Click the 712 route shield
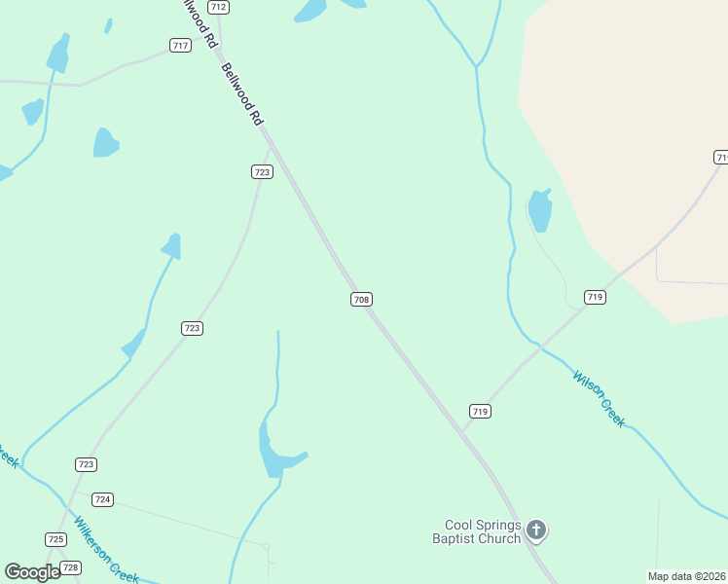click(x=219, y=7)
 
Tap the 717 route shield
click(x=180, y=46)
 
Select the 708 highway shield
click(x=361, y=300)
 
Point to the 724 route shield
click(x=103, y=499)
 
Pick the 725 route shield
click(x=55, y=539)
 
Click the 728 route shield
click(x=70, y=566)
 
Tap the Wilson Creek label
click(x=599, y=398)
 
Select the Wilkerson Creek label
click(x=108, y=547)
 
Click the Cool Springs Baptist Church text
click(x=477, y=531)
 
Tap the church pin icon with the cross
click(x=535, y=530)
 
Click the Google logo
click(x=32, y=571)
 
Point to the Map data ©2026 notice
click(x=687, y=576)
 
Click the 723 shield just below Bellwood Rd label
click(x=262, y=172)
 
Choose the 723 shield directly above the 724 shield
click(x=87, y=464)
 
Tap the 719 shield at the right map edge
click(x=721, y=157)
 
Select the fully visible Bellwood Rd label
click(x=242, y=94)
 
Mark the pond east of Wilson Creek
click(x=539, y=210)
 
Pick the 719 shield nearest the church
click(x=480, y=412)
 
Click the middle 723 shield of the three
click(x=192, y=328)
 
